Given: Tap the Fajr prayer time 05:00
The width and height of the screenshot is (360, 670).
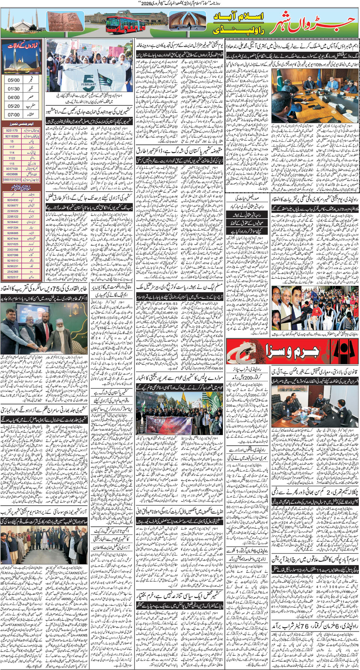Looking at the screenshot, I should pyautogui.click(x=14, y=80).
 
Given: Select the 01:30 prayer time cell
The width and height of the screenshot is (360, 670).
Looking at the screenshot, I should pyautogui.click(x=14, y=89).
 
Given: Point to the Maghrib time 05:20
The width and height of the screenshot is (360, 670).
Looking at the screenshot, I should pyautogui.click(x=14, y=106).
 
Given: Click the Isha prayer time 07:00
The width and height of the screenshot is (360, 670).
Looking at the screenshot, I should pyautogui.click(x=14, y=115).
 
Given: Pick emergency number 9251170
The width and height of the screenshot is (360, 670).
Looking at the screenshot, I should pyautogui.click(x=12, y=130).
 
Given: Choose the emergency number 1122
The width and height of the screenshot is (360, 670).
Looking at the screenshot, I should pyautogui.click(x=12, y=158).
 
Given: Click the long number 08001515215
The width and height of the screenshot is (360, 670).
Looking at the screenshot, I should pyautogui.click(x=12, y=180).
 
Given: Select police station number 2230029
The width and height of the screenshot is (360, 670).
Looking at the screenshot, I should pyautogui.click(x=12, y=211).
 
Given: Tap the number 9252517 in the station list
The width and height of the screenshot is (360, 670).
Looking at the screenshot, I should pyautogui.click(x=12, y=277).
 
